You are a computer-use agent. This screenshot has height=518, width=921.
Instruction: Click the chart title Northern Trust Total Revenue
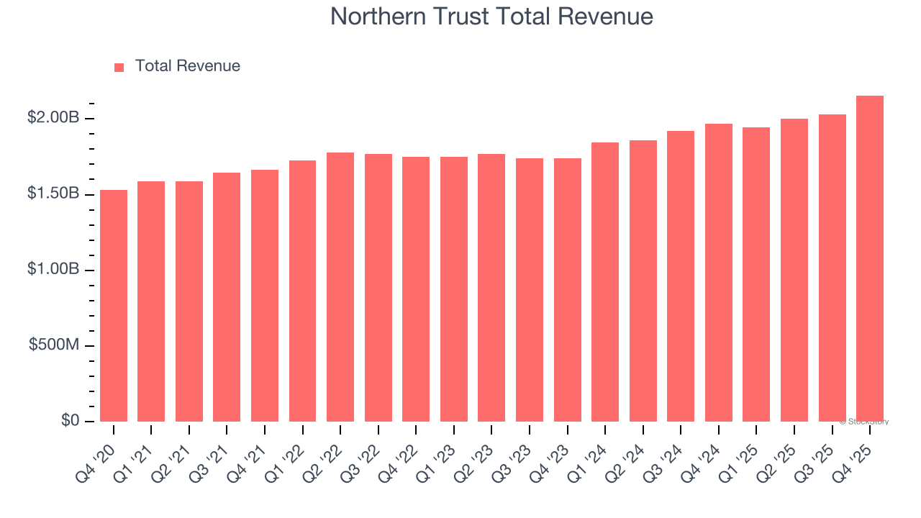pyautogui.click(x=491, y=17)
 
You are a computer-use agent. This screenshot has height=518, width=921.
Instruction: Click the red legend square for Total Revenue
pyautogui.click(x=119, y=67)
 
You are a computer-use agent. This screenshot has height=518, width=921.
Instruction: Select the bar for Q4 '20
pyautogui.click(x=114, y=306)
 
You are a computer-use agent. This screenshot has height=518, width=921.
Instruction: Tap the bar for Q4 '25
pyautogui.click(x=870, y=259)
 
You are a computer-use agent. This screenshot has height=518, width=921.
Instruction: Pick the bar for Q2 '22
pyautogui.click(x=340, y=287)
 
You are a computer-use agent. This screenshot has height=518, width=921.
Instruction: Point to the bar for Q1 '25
pyautogui.click(x=756, y=274)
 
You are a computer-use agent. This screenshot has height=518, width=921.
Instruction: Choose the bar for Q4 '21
pyautogui.click(x=265, y=296)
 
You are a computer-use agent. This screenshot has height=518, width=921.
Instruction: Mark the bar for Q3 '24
pyautogui.click(x=681, y=276)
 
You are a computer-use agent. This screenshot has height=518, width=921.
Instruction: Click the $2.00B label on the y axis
pyautogui.click(x=53, y=117)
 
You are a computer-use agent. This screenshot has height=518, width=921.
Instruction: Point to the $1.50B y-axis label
pyautogui.click(x=53, y=194)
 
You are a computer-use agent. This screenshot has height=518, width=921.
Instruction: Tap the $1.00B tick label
pyautogui.click(x=53, y=269)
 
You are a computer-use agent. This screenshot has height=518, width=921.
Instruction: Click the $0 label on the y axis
pyautogui.click(x=70, y=420)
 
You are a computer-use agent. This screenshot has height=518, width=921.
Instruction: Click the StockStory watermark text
pyautogui.click(x=864, y=422)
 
